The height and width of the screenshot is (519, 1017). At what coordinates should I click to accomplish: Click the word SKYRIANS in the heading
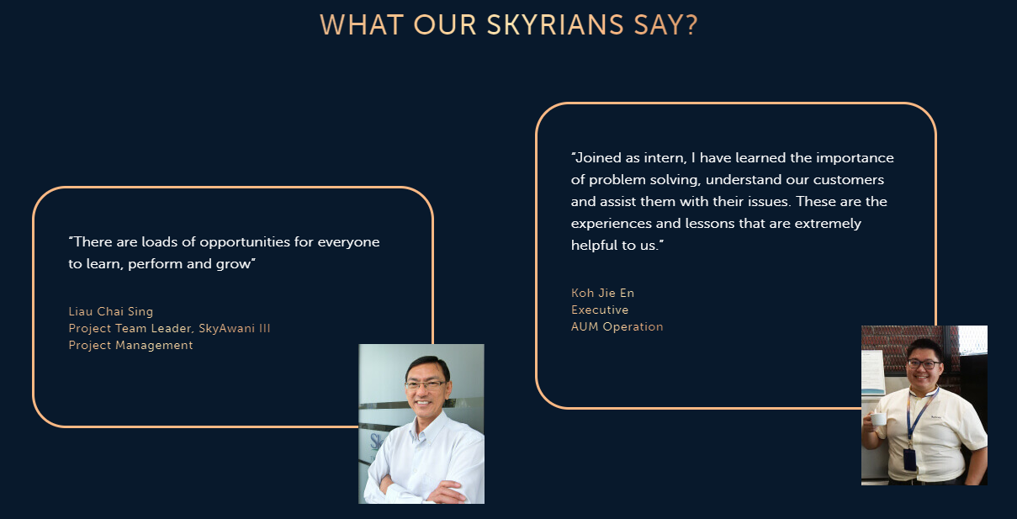pyautogui.click(x=555, y=25)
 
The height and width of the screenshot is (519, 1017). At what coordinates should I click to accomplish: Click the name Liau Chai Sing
pyautogui.click(x=111, y=311)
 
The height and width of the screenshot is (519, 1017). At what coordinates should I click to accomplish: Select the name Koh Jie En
pyautogui.click(x=602, y=293)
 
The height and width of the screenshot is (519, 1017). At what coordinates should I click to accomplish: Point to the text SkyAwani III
pyautogui.click(x=235, y=328)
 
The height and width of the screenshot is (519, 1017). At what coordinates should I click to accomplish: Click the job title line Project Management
pyautogui.click(x=130, y=346)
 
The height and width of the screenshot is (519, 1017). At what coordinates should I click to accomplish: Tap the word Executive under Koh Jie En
pyautogui.click(x=600, y=310)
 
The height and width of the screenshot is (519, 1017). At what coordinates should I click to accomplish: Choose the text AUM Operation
pyautogui.click(x=617, y=327)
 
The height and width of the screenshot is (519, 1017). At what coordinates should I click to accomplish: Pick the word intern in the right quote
pyautogui.click(x=665, y=158)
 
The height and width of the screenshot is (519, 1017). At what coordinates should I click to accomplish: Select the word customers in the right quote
pyautogui.click(x=849, y=180)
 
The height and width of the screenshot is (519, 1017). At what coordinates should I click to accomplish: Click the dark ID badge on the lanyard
pyautogui.click(x=909, y=460)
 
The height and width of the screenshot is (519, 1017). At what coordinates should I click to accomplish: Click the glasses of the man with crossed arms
pyautogui.click(x=425, y=385)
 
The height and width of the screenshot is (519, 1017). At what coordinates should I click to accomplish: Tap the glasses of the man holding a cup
pyautogui.click(x=924, y=364)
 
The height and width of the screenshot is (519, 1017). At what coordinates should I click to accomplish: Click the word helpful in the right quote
pyautogui.click(x=595, y=246)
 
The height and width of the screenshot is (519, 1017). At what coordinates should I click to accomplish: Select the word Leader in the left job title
pyautogui.click(x=171, y=329)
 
